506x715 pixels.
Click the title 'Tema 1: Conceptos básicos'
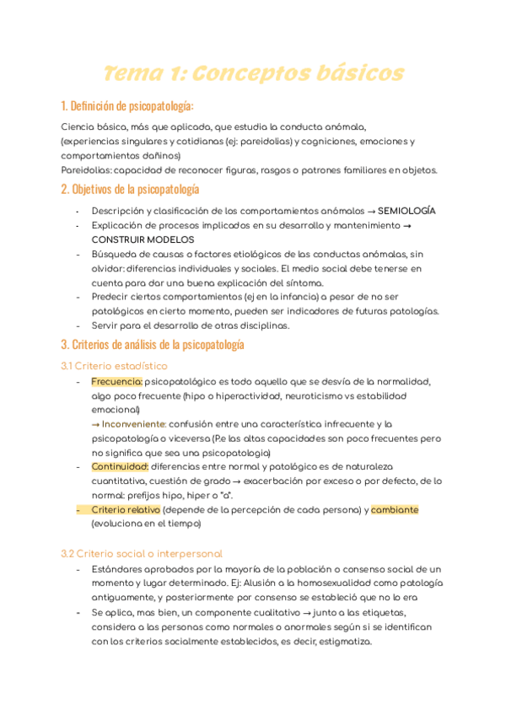[x=253, y=73]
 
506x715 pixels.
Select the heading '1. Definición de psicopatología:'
[x=127, y=106]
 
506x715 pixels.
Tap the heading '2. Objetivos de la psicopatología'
[x=130, y=189]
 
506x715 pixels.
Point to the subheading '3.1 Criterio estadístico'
[x=114, y=366]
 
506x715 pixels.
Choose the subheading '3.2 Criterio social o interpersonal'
[x=142, y=554]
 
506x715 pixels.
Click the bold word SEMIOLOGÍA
[x=407, y=210]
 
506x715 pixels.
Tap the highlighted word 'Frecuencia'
[x=116, y=382]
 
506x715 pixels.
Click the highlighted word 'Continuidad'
[x=120, y=466]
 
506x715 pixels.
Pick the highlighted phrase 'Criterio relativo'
[x=126, y=510]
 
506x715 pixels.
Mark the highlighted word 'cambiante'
[x=395, y=510]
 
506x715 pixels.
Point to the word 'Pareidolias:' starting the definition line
[x=85, y=169]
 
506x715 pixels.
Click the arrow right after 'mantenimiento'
[x=407, y=225]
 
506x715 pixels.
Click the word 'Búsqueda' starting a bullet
[x=116, y=254]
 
